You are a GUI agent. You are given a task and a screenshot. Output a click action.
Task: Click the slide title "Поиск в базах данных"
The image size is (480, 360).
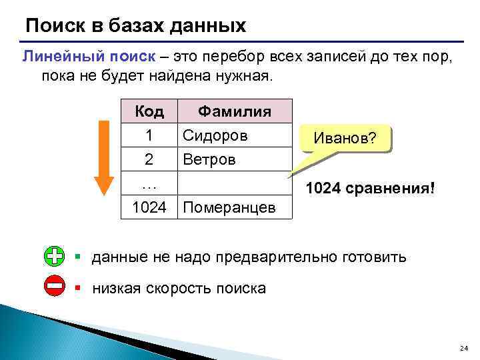[135, 26]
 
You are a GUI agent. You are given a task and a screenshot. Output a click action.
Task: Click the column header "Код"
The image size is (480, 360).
[149, 111]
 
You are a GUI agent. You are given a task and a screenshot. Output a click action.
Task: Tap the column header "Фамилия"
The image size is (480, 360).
[235, 111]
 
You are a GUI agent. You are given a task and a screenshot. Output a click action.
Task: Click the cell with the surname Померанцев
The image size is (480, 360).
[229, 207]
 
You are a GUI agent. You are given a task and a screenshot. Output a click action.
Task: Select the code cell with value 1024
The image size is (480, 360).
[149, 207]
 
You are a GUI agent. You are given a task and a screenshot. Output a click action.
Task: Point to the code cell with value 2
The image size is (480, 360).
[149, 160]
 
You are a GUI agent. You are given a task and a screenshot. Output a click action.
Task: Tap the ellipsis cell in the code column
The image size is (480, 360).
[149, 183]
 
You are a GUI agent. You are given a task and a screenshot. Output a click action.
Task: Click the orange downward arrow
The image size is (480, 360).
[103, 157]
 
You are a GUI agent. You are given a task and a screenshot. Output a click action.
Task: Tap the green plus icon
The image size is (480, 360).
[55, 256]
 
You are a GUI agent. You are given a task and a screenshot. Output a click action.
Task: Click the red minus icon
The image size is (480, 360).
[55, 287]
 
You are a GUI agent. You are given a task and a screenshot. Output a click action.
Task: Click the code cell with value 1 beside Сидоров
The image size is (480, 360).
[149, 135]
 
